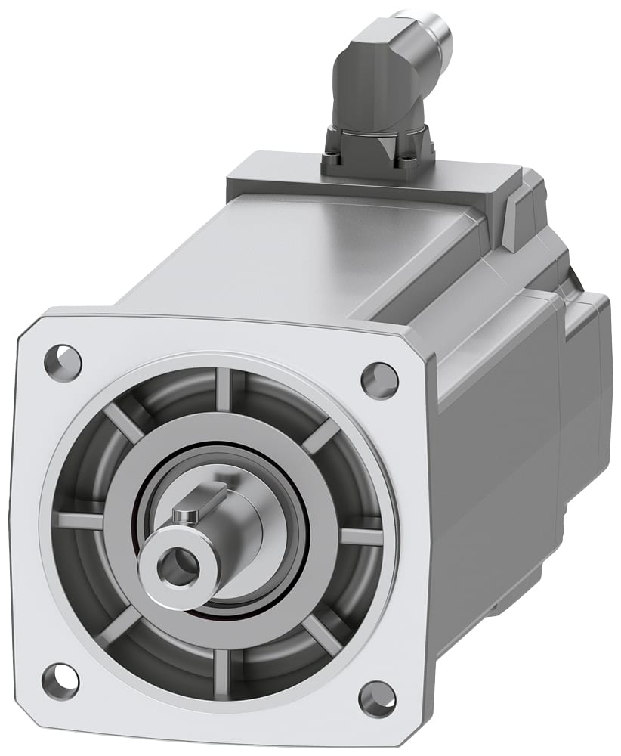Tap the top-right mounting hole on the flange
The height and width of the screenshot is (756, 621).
(x=379, y=380)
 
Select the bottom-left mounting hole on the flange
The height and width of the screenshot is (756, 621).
(x=60, y=680)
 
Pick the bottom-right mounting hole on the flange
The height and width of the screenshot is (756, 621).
(x=377, y=699)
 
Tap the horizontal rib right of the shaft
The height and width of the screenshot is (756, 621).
(x=360, y=536)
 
